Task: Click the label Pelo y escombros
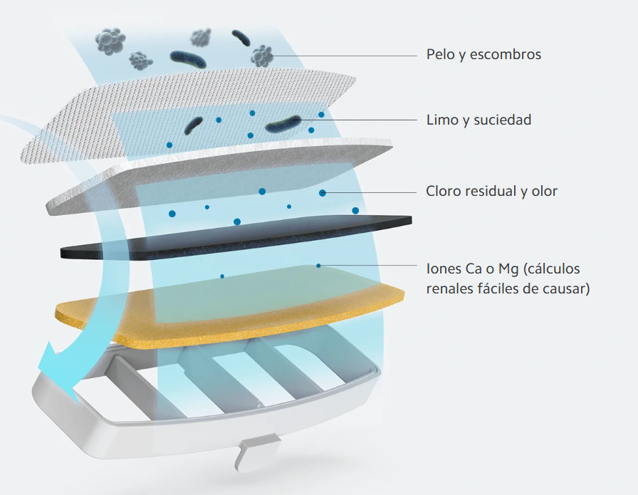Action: click(x=483, y=55)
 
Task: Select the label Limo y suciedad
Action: click(x=478, y=120)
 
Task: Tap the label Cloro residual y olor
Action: click(x=491, y=192)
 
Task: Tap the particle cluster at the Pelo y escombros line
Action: click(x=262, y=56)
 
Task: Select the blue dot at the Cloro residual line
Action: click(x=323, y=192)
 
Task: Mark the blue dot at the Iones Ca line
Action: click(x=318, y=266)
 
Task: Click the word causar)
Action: click(x=566, y=289)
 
